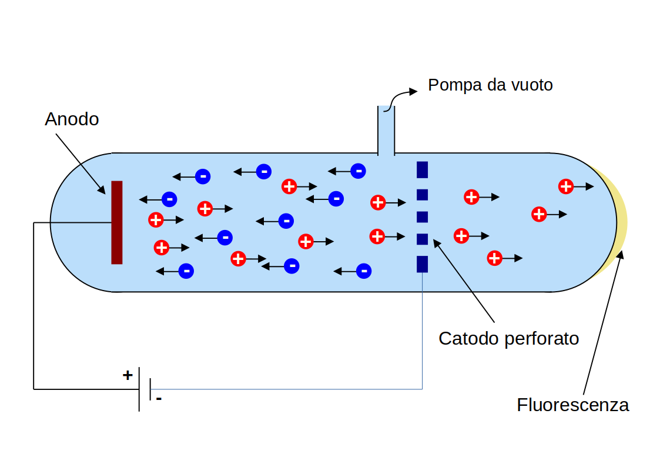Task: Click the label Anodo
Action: (72, 119)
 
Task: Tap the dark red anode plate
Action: (117, 222)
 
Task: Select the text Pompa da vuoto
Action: (490, 85)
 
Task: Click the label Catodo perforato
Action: (509, 339)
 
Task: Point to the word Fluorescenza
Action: (572, 405)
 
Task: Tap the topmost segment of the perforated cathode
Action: (422, 169)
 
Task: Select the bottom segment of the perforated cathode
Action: (422, 264)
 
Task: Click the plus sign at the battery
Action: (128, 375)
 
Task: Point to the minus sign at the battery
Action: (159, 399)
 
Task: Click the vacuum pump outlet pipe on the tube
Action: (386, 131)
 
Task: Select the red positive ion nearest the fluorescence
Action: (565, 186)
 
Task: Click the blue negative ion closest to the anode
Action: (169, 199)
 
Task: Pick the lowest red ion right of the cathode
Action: (495, 258)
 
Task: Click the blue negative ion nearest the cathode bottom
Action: (364, 271)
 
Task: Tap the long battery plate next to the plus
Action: (139, 389)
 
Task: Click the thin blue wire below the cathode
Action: (423, 329)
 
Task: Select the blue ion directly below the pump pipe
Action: (357, 171)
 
